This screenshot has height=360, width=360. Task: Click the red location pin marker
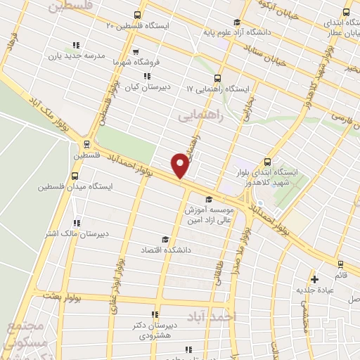pyautogui.click(x=180, y=165)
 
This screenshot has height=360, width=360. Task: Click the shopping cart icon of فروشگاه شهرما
pyautogui.click(x=136, y=50)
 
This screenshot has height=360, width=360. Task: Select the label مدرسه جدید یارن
pyautogui.click(x=75, y=56)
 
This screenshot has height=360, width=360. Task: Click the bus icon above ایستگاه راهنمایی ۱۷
pyautogui.click(x=217, y=78)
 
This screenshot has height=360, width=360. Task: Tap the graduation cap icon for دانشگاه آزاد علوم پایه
pyautogui.click(x=236, y=21)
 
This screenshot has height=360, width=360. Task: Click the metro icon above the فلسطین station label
pyautogui.click(x=78, y=145)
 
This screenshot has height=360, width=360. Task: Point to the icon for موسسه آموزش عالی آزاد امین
pyautogui.click(x=208, y=200)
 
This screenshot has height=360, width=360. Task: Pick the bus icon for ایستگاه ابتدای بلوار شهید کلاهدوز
pyautogui.click(x=266, y=161)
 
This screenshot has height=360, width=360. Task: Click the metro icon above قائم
pyautogui.click(x=341, y=265)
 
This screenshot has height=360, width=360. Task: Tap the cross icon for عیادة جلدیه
pyautogui.click(x=315, y=280)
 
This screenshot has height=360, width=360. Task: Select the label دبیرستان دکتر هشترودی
pyautogui.click(x=154, y=331)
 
